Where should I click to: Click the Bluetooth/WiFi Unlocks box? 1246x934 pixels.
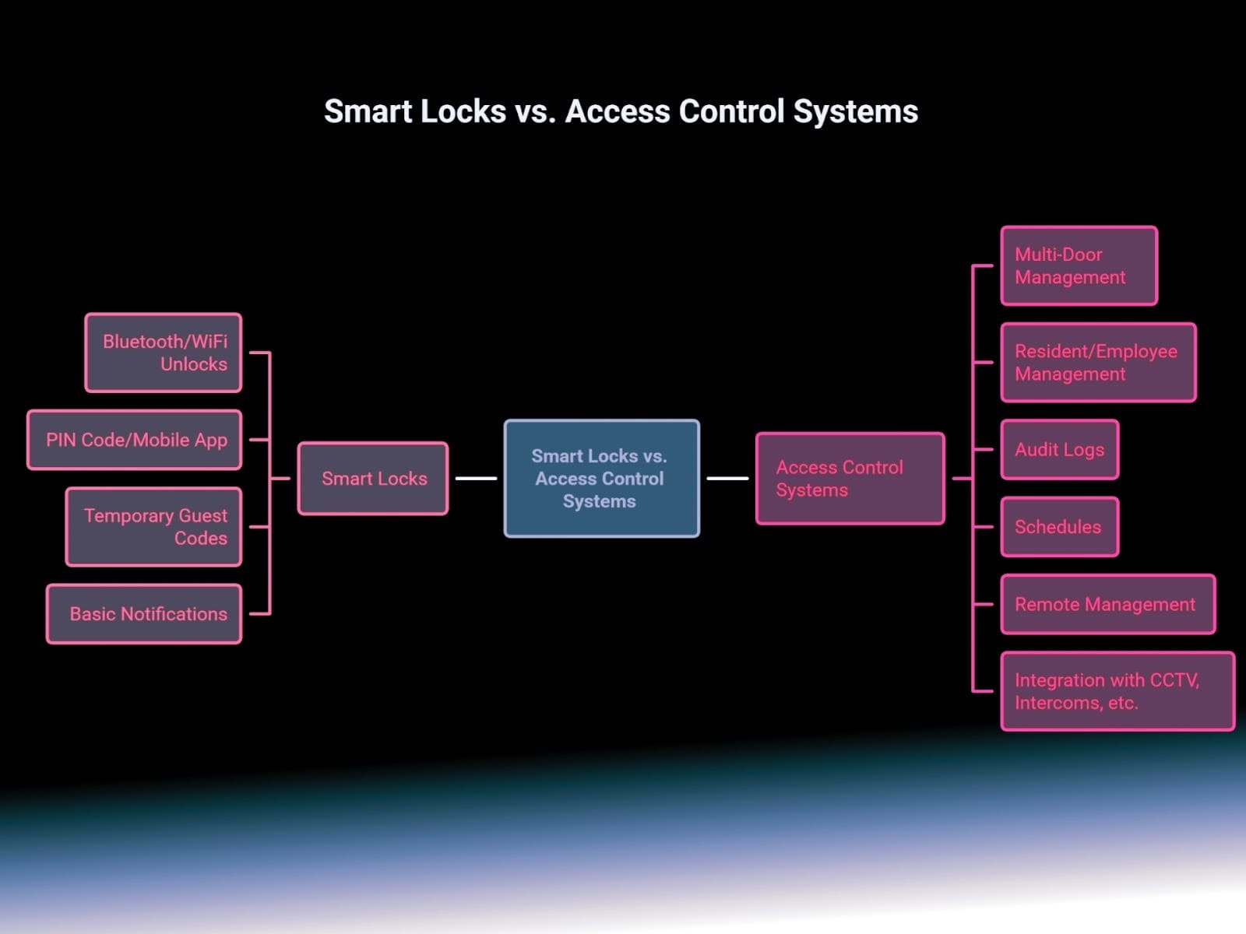click(x=164, y=353)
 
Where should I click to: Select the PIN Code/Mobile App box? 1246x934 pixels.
click(x=135, y=440)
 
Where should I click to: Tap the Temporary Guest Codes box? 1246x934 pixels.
click(x=154, y=527)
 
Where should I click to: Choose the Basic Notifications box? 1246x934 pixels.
click(x=144, y=614)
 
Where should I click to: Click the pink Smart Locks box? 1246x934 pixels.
click(x=373, y=479)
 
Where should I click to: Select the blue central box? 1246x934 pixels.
click(x=601, y=479)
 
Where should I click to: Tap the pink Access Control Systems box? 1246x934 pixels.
click(x=850, y=479)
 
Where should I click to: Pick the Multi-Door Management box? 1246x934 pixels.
click(x=1079, y=265)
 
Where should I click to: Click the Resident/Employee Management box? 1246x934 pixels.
click(x=1098, y=363)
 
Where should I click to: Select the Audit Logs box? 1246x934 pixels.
click(x=1059, y=450)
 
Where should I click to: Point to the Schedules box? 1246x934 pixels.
click(x=1059, y=527)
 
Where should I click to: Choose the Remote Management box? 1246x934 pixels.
click(x=1107, y=605)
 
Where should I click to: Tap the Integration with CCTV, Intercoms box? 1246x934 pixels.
click(x=1118, y=691)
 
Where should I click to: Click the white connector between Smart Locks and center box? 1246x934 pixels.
click(x=476, y=479)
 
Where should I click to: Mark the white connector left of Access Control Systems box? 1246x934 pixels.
click(x=727, y=479)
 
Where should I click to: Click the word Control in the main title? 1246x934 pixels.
click(x=731, y=111)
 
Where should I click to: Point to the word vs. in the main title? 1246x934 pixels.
click(x=535, y=111)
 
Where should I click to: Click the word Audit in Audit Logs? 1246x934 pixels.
click(x=1037, y=450)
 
